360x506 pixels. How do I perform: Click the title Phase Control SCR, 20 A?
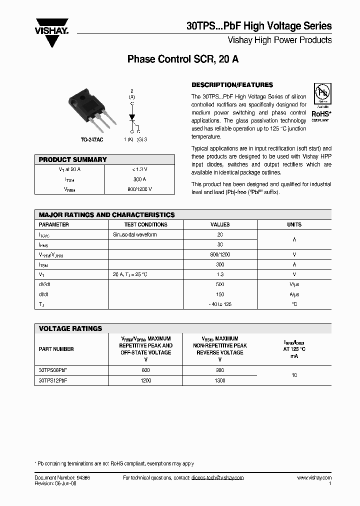pyautogui.click(x=183, y=59)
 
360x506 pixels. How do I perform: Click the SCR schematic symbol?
pyautogui.click(x=133, y=116)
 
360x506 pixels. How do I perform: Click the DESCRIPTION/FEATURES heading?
pyautogui.click(x=232, y=85)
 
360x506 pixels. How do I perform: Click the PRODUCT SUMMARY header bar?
pyautogui.click(x=104, y=159)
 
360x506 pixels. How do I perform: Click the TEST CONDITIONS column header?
pyautogui.click(x=145, y=224)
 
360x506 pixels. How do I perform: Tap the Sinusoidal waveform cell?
pyautogui.click(x=134, y=234)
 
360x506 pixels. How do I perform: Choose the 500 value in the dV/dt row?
pyautogui.click(x=220, y=284)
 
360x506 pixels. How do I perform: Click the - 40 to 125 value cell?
pyautogui.click(x=220, y=304)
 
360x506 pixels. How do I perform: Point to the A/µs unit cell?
pyautogui.click(x=294, y=294)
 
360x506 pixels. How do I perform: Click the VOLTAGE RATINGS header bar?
pyautogui.click(x=182, y=328)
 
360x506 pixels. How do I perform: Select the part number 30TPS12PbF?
pyautogui.click(x=53, y=380)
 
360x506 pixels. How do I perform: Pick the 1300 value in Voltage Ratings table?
pyautogui.click(x=219, y=380)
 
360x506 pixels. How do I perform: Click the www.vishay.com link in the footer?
pyautogui.click(x=314, y=478)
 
